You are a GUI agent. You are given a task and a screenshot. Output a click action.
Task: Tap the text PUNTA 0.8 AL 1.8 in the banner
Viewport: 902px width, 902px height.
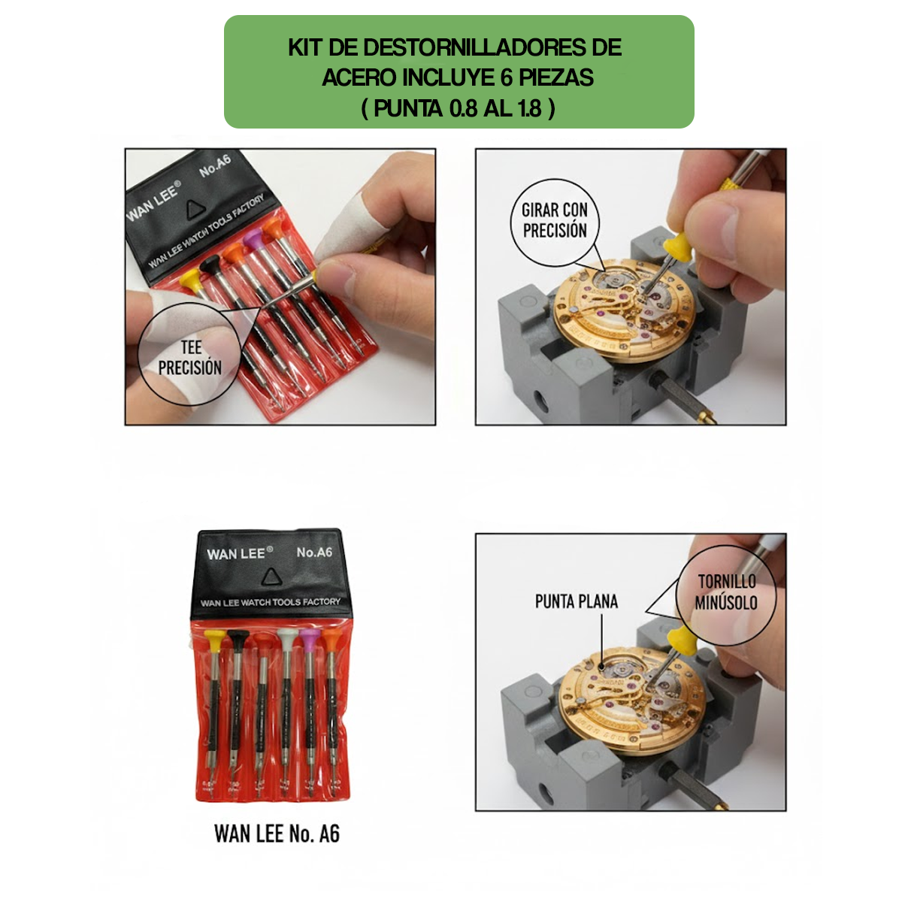coord(458,108)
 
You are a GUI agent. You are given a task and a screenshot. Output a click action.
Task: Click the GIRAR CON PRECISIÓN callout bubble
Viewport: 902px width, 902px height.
coord(555,221)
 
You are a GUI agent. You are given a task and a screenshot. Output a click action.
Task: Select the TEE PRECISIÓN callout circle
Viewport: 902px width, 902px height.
coord(190,358)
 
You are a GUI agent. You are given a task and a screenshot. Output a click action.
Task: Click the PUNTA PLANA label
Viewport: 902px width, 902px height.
coord(576,601)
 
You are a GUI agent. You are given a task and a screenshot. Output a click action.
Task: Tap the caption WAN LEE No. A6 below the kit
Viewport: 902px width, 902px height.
coord(277,834)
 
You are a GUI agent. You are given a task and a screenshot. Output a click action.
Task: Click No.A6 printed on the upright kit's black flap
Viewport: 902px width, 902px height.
coord(314,552)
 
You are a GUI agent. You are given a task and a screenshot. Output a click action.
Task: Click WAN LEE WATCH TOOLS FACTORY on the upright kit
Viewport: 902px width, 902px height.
coord(270,602)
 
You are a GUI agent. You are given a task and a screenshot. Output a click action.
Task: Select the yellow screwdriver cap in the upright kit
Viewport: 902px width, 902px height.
coord(214,640)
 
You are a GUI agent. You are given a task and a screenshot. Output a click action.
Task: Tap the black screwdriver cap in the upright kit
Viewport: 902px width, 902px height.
coord(238,640)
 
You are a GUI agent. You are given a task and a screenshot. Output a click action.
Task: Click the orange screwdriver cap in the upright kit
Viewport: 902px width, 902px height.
coord(331,640)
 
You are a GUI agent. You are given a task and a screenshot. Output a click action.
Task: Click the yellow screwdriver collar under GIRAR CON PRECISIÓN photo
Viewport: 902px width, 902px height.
coord(678,245)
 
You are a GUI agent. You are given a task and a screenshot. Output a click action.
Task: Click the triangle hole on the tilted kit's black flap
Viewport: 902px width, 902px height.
coord(195,209)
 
